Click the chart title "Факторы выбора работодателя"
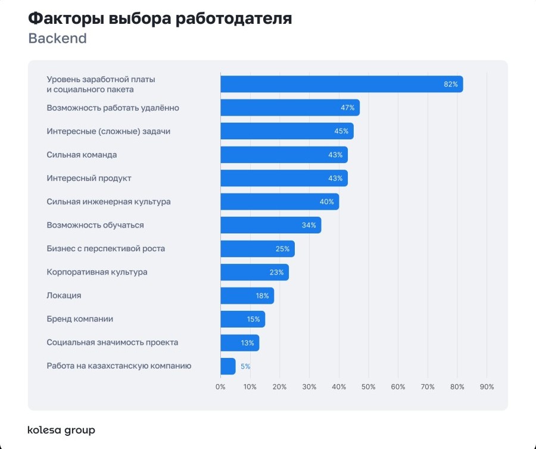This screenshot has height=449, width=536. point(160,18)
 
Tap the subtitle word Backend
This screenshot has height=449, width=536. point(57,39)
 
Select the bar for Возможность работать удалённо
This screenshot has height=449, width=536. point(289,108)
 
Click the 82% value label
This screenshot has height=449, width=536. point(451,85)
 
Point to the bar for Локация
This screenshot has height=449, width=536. point(247,296)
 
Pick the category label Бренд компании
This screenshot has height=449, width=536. point(80,319)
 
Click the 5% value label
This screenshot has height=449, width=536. point(245,367)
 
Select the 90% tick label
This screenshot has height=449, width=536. point(487,387)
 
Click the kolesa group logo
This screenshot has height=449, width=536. point(61,430)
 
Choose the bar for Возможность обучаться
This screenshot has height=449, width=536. point(270,225)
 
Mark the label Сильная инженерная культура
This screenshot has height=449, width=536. point(108,202)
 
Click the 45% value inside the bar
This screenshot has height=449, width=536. point(341,132)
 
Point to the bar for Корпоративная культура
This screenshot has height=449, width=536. point(254,272)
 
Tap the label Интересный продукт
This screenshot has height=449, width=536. point(89,178)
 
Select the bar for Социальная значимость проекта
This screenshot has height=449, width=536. point(239,343)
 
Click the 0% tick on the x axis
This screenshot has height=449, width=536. point(220,387)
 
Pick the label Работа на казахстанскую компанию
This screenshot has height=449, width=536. point(119,366)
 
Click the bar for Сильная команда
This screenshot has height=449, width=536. point(283,155)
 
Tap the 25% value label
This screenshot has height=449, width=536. point(282,249)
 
